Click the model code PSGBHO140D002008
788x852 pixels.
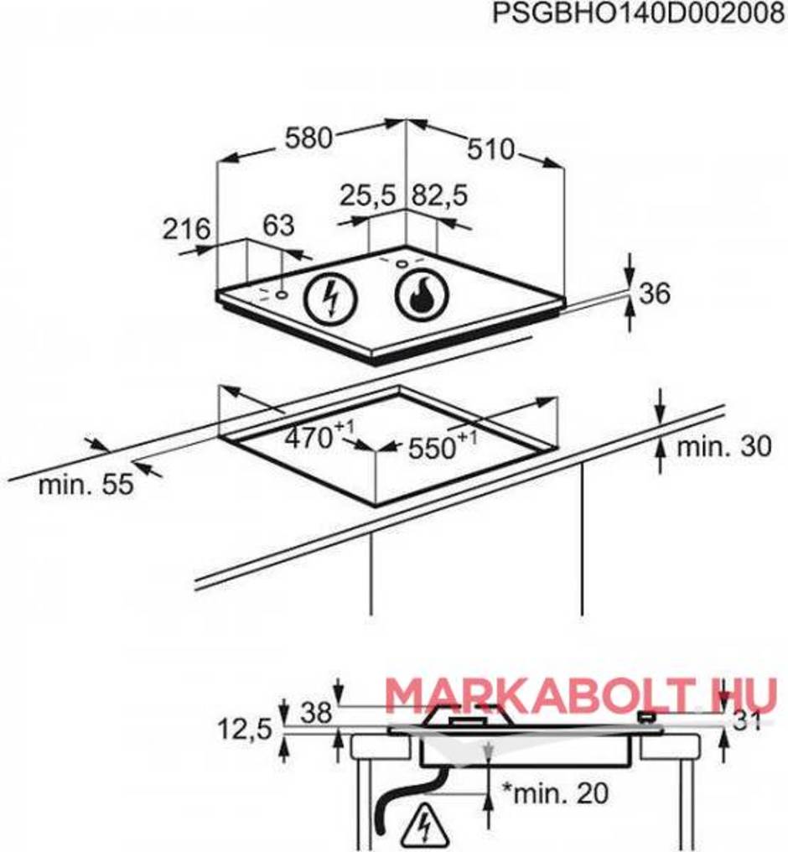(639, 13)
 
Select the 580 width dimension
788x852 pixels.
(308, 138)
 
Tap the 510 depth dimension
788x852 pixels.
(490, 149)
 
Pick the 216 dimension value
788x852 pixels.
(186, 229)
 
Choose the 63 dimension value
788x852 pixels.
(278, 226)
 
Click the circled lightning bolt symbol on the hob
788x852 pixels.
(331, 297)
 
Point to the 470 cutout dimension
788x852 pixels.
(320, 435)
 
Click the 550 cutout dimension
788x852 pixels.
(442, 447)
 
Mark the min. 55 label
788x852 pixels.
(86, 484)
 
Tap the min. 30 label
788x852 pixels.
(724, 447)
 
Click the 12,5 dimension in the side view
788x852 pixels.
(245, 730)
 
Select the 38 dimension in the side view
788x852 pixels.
(316, 712)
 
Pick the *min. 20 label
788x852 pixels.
(554, 794)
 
